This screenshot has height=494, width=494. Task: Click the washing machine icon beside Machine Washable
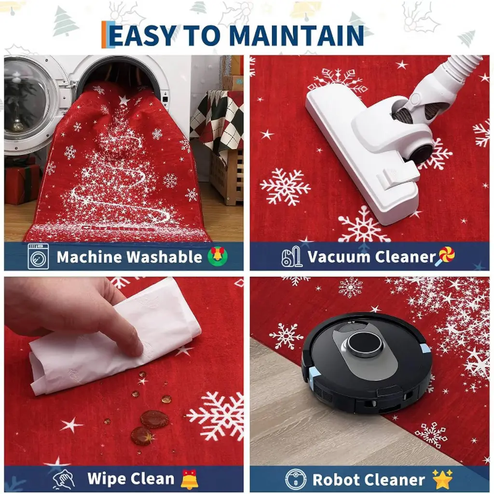point(38,256)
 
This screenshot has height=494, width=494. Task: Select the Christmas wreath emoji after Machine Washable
point(218,256)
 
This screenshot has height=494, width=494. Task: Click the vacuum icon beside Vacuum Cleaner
point(292,257)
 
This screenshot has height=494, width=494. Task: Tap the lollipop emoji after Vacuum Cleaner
point(445,256)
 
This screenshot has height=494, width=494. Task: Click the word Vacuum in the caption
point(339,257)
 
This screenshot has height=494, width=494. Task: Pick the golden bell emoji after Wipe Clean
point(190,479)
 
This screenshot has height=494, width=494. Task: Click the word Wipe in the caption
point(108,479)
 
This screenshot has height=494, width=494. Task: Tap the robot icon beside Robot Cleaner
point(296,480)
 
